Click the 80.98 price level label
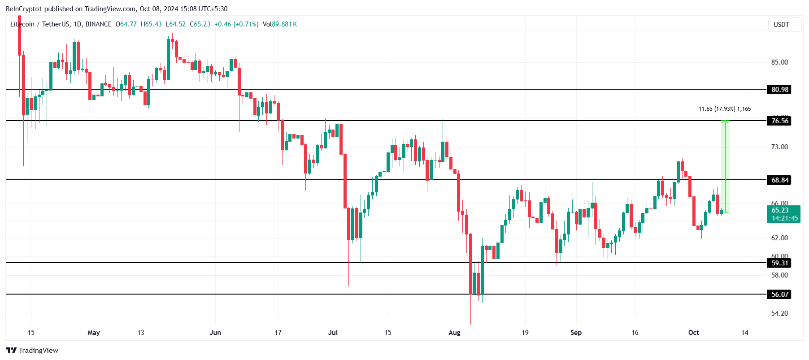click(x=779, y=89)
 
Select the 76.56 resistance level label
click(x=779, y=121)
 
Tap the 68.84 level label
click(x=779, y=180)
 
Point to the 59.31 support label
click(x=779, y=263)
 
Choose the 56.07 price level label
click(x=779, y=294)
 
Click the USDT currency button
click(x=781, y=25)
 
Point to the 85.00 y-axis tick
click(x=779, y=62)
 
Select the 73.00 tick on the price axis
click(x=779, y=147)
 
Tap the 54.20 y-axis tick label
click(x=779, y=313)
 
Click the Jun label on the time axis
click(x=215, y=333)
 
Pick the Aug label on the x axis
click(x=454, y=333)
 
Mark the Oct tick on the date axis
click(x=693, y=333)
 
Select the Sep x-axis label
click(x=576, y=333)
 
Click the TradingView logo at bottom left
click(x=32, y=350)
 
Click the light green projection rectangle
click(x=725, y=166)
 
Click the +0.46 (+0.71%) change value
click(x=236, y=24)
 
